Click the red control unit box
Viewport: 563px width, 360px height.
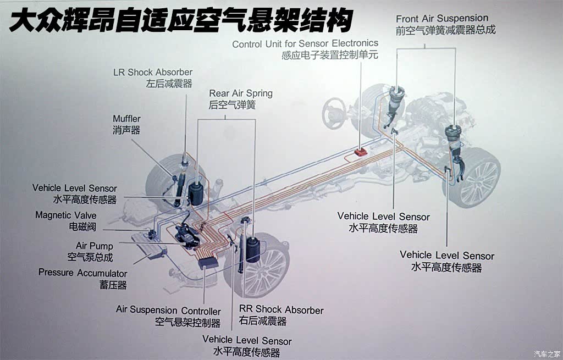(x=361, y=152)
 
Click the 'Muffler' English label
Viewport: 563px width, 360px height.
(x=126, y=119)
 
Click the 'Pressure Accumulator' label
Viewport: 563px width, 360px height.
(x=82, y=273)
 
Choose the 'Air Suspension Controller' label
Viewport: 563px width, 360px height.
(x=168, y=311)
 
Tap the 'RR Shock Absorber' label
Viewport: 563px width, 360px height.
(x=281, y=310)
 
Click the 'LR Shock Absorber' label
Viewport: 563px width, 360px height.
(x=152, y=72)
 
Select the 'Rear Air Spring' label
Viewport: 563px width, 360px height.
(x=241, y=93)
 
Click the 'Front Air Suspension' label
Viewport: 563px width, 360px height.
(x=442, y=19)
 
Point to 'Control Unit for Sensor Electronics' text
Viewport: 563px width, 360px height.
(x=305, y=43)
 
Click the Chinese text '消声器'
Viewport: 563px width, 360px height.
(x=126, y=130)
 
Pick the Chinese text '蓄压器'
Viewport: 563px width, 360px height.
(x=113, y=285)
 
